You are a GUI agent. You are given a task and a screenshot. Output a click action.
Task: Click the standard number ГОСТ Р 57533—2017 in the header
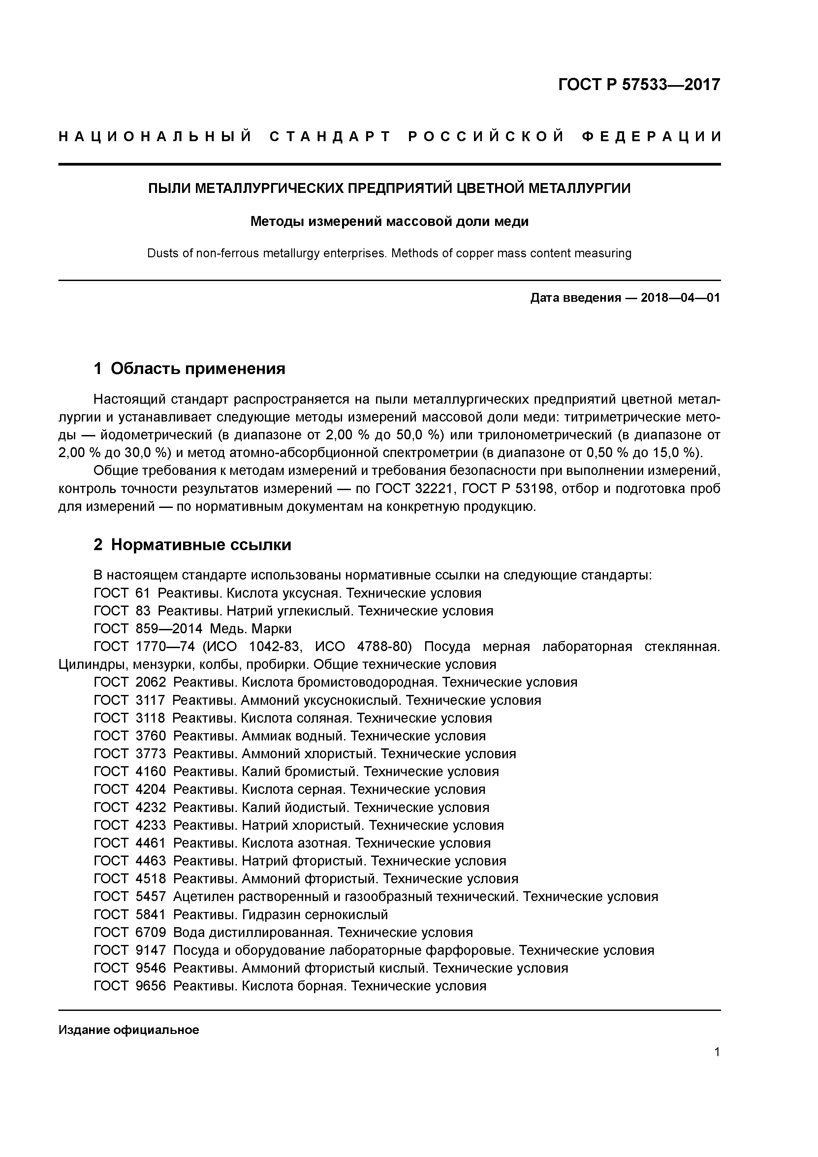click(x=639, y=85)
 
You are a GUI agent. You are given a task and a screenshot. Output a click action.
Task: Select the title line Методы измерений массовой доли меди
click(x=389, y=221)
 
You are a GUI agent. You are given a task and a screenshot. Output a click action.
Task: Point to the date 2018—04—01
click(x=680, y=298)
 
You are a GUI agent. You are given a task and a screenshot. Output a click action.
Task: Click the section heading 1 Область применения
click(x=190, y=368)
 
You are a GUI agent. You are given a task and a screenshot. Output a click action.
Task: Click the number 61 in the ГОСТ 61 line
click(x=143, y=593)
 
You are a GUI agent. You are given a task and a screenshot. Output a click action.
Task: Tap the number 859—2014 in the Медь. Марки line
click(x=169, y=629)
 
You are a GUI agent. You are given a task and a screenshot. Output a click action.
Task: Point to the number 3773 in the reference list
click(x=151, y=754)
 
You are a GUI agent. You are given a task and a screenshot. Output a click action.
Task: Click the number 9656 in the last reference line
click(x=151, y=986)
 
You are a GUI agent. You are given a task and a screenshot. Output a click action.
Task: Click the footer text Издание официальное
click(x=129, y=1030)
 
